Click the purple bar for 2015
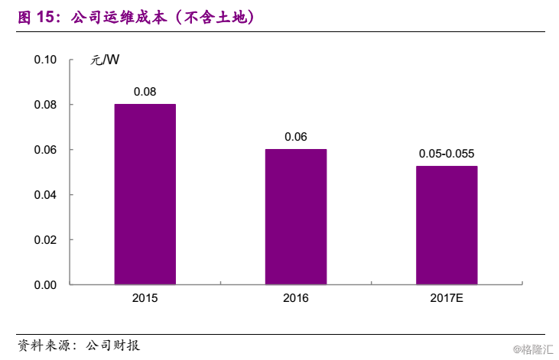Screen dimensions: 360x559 point(145,194)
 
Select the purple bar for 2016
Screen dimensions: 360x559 point(295,216)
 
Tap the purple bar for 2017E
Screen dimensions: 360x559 point(447,225)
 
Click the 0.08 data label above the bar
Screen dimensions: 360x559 point(145,92)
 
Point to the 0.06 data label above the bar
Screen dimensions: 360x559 point(295,137)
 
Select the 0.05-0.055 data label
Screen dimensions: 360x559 point(447,154)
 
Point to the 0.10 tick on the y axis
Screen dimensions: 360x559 point(45,60)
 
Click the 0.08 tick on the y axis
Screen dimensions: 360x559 point(45,105)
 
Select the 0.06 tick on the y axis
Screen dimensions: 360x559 point(45,150)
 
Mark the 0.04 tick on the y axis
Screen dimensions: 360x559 point(45,195)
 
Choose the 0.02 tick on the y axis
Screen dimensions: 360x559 point(45,240)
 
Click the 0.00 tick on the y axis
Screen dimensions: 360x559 point(45,284)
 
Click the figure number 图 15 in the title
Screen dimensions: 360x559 point(38,16)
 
